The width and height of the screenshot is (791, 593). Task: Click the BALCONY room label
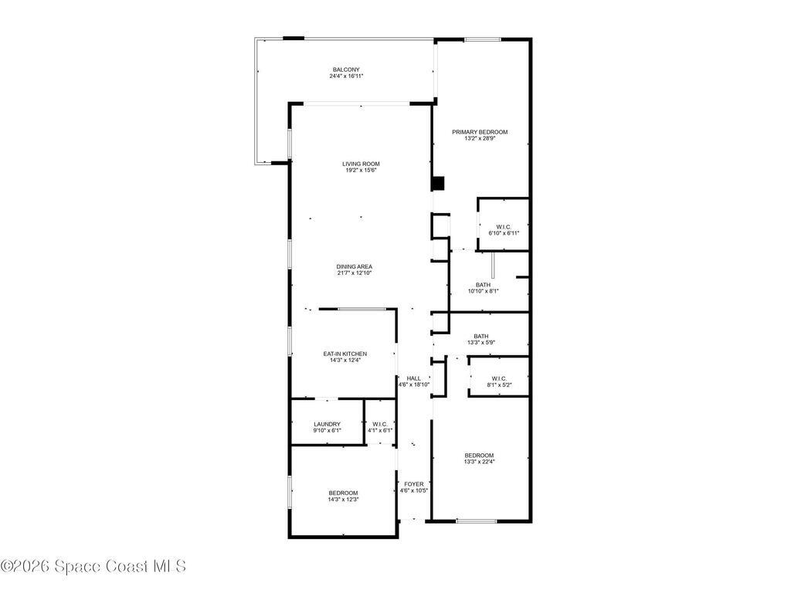pos(346,69)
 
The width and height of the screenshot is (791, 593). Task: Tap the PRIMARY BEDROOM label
pos(480,132)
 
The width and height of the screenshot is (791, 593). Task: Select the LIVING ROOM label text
pos(361,164)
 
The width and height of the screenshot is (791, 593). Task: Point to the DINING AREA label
pos(354,266)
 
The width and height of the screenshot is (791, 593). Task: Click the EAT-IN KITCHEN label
pos(345,354)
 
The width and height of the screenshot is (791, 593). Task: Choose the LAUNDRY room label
pos(328,424)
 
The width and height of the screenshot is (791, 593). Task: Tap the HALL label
pos(413,378)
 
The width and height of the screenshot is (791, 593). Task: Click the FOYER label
pos(413,484)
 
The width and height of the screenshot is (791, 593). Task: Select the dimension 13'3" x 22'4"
pos(479,463)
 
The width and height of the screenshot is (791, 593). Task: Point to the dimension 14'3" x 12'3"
pos(343,500)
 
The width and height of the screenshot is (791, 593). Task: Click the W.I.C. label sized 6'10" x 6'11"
pos(504,226)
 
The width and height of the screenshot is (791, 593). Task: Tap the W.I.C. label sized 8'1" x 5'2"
pos(498,378)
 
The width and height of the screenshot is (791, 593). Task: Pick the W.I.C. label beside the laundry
pos(380,424)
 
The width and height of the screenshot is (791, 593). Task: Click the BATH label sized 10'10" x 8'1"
pos(483,284)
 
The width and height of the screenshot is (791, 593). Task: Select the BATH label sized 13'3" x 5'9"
pos(480,336)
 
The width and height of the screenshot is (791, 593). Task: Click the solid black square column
pos(438,184)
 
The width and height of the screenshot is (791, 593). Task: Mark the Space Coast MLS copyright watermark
pos(93,566)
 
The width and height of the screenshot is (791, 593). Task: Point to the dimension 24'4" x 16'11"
pos(346,76)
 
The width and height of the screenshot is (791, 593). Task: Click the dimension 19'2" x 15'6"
pos(361,171)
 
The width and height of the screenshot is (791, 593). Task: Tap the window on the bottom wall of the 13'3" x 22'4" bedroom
pos(476,521)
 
